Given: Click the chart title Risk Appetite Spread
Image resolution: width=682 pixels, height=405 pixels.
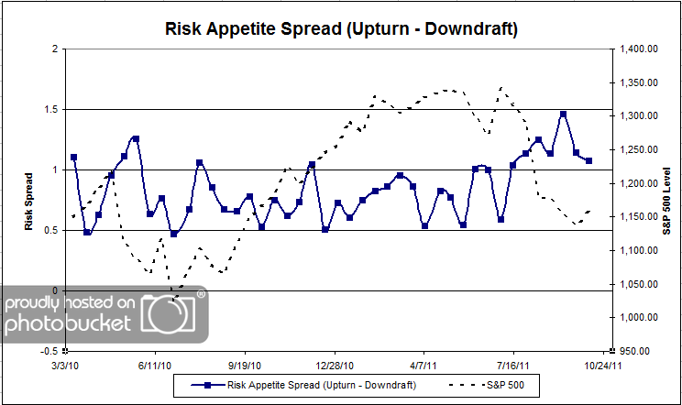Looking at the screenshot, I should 341,29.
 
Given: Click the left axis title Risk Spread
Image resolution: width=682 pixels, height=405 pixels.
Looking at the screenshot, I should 30,200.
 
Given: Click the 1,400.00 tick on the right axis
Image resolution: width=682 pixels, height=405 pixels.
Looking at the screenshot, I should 639,49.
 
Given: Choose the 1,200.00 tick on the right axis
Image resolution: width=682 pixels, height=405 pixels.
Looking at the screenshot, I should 639,183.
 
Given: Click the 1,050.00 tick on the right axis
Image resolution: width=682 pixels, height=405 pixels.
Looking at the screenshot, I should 639,284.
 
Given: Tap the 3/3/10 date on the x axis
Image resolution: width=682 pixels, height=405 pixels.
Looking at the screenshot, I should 66,364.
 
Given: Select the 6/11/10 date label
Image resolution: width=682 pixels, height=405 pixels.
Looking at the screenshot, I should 155,364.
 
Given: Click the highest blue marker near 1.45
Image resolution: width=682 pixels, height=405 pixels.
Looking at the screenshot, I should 563,115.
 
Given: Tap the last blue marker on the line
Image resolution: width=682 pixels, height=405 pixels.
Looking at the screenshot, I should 588,160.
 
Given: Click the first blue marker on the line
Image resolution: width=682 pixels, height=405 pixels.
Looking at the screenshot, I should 73,157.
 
